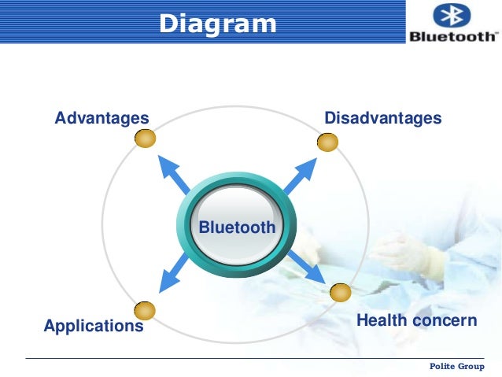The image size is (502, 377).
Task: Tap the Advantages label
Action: [102, 119]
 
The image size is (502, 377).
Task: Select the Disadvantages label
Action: [383, 119]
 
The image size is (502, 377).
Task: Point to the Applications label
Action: [94, 325]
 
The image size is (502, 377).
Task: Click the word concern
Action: [447, 320]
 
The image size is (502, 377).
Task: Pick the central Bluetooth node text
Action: [237, 228]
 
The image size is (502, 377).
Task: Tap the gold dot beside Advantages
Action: [145, 139]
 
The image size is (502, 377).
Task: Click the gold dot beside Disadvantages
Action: [327, 142]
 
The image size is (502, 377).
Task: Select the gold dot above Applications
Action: [145, 310]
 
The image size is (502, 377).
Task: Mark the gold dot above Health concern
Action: [340, 293]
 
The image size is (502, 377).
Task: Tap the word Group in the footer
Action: [473, 368]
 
